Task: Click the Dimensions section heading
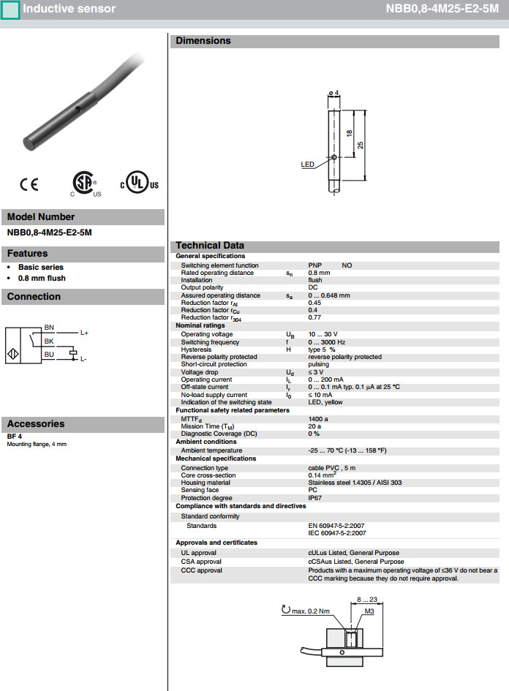coord(203,41)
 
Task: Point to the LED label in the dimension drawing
coord(307,165)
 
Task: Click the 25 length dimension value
coord(361,145)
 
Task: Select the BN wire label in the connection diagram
coord(49,327)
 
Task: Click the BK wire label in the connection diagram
coord(49,341)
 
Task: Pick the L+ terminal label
coord(84,333)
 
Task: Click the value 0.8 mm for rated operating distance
coord(319,273)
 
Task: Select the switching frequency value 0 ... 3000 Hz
coord(326,341)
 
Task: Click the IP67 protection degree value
coord(314,497)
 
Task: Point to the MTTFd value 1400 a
coord(318,418)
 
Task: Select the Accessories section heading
coord(36,424)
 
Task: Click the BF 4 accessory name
coord(15,437)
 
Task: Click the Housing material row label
coord(206,483)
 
